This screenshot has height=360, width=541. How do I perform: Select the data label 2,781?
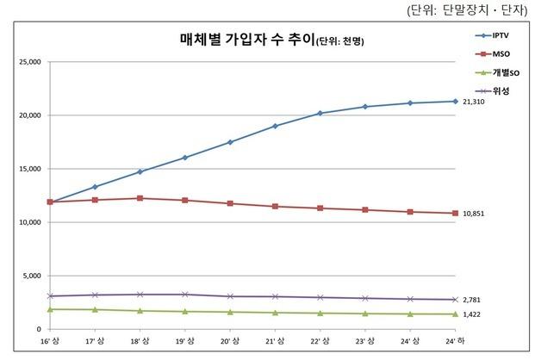click(472, 299)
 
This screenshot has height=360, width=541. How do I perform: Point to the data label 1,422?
click(472, 314)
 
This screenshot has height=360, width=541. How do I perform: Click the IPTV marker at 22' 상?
click(320, 113)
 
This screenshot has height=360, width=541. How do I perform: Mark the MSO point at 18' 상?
click(140, 198)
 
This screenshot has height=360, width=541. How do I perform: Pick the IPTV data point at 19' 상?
click(184, 158)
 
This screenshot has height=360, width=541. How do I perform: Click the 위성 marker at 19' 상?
click(184, 295)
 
